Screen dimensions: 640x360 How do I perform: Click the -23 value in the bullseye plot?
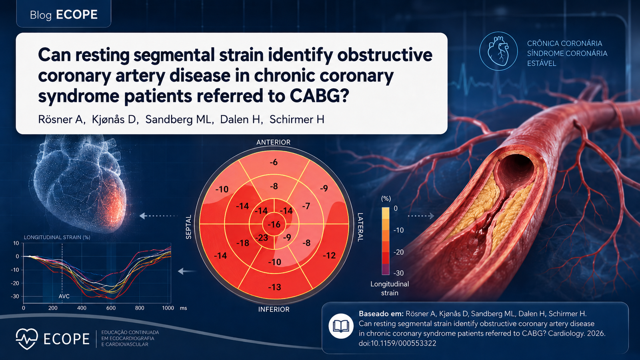tap(262, 238)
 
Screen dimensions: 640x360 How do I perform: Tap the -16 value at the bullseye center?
tap(274, 224)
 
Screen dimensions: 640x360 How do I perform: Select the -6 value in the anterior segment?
tap(274, 162)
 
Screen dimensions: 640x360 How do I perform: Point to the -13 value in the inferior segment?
tap(274, 287)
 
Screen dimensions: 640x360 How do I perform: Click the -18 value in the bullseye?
tap(243, 243)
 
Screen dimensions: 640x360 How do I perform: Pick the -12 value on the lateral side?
tap(329, 255)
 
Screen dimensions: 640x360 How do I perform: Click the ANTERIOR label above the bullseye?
tap(274, 142)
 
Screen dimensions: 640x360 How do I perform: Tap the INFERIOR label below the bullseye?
tap(274, 309)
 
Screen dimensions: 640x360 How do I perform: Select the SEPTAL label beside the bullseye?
tap(188, 227)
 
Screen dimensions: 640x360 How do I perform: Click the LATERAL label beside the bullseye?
tap(360, 227)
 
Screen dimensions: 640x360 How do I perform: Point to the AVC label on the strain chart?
tap(64, 296)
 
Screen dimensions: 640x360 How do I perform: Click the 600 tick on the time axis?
tap(111, 308)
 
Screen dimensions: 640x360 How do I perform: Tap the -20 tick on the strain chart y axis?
tap(15, 283)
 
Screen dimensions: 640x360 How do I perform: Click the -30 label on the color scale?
tap(398, 273)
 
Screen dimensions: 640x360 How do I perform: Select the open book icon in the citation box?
tap(341, 326)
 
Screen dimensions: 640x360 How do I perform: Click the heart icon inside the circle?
tap(498, 51)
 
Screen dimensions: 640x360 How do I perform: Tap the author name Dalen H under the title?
tap(242, 120)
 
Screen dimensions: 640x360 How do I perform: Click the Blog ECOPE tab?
tap(64, 14)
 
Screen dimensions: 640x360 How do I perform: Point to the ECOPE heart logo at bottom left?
tap(27, 339)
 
